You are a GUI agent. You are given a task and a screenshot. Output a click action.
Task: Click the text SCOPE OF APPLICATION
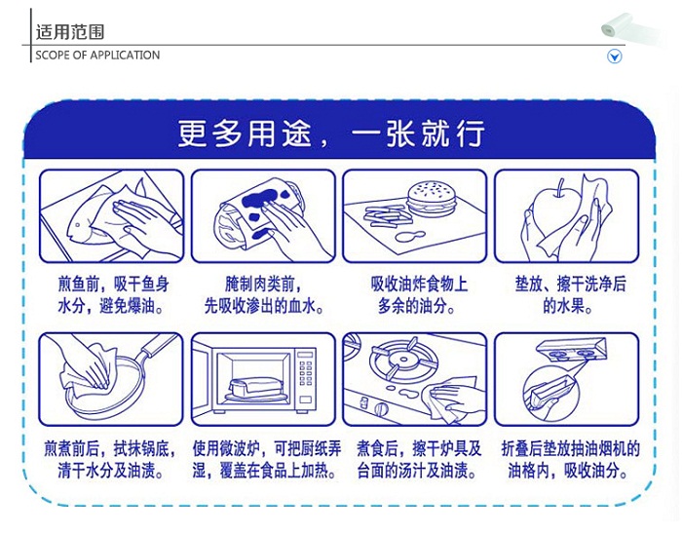[x=97, y=56]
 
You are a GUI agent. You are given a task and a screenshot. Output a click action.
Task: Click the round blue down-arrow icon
[x=615, y=57]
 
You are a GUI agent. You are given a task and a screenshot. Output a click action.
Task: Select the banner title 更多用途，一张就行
[x=331, y=133]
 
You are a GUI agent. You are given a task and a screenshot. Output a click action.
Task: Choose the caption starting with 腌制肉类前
[x=263, y=295]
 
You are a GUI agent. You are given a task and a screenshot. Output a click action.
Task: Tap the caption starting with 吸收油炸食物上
[x=415, y=295]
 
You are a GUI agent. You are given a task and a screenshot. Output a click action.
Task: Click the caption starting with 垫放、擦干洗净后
[x=567, y=295]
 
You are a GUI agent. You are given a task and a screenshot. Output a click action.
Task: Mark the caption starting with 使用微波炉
[x=263, y=460]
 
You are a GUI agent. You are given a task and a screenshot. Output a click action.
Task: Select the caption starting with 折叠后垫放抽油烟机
[x=567, y=460]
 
